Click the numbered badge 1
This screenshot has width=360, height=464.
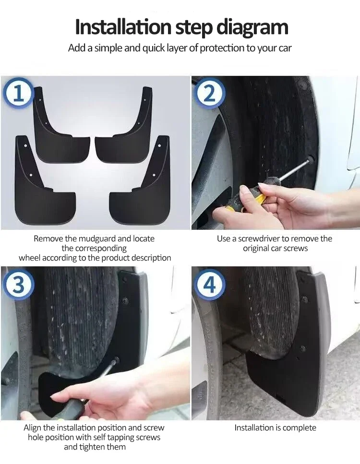click(18, 93)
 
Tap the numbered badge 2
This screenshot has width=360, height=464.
click(210, 93)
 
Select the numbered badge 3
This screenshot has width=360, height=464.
click(18, 285)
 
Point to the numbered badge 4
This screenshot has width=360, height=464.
click(210, 285)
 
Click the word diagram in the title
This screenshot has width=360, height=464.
click(252, 27)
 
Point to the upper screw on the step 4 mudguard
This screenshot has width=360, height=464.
click(305, 299)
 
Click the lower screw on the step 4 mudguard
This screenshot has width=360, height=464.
click(302, 348)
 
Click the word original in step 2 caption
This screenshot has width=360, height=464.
click(257, 249)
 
